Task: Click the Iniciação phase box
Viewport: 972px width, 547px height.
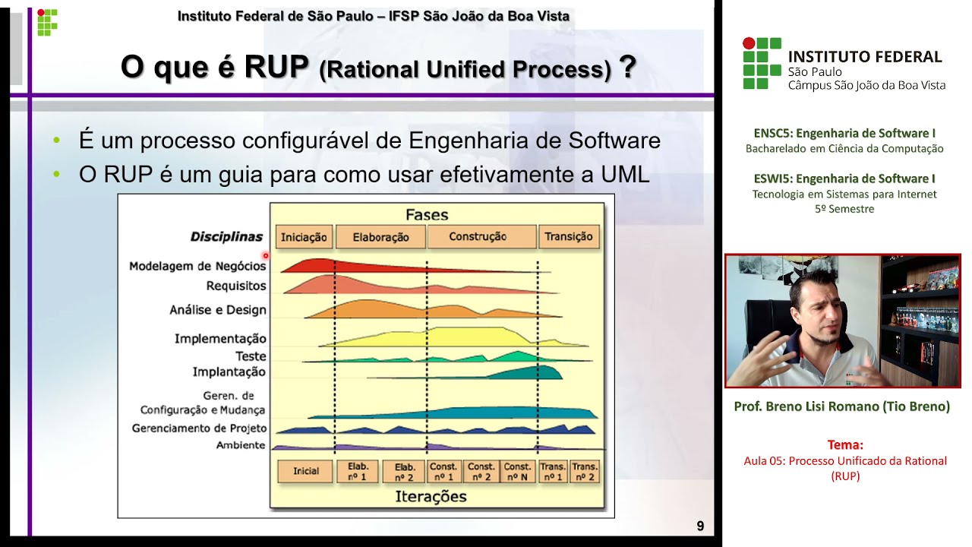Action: tap(304, 237)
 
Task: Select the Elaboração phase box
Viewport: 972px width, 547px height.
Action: tap(380, 237)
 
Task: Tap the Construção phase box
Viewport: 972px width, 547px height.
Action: tap(478, 237)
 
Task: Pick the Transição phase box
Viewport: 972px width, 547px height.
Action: tap(568, 237)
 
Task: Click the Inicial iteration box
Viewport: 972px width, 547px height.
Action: tap(306, 471)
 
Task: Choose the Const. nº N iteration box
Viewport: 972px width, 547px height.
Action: tap(517, 471)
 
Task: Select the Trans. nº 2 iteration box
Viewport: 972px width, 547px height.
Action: tap(584, 471)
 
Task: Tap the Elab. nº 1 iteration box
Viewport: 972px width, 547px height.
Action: tap(357, 471)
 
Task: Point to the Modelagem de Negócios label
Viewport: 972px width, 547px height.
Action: tap(197, 266)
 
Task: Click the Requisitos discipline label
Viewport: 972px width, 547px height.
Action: tap(236, 286)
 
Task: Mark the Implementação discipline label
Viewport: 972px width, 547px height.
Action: tap(220, 339)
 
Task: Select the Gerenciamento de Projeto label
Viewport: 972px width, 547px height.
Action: tap(199, 428)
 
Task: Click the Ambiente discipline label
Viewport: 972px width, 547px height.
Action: tap(240, 445)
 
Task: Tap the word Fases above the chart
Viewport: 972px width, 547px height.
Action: tap(427, 215)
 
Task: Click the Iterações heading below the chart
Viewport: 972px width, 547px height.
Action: tap(431, 497)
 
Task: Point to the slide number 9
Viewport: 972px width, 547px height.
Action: tap(700, 526)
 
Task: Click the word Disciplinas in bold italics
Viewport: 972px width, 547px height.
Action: tap(226, 237)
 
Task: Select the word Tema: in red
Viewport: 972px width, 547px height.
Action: tap(845, 445)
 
